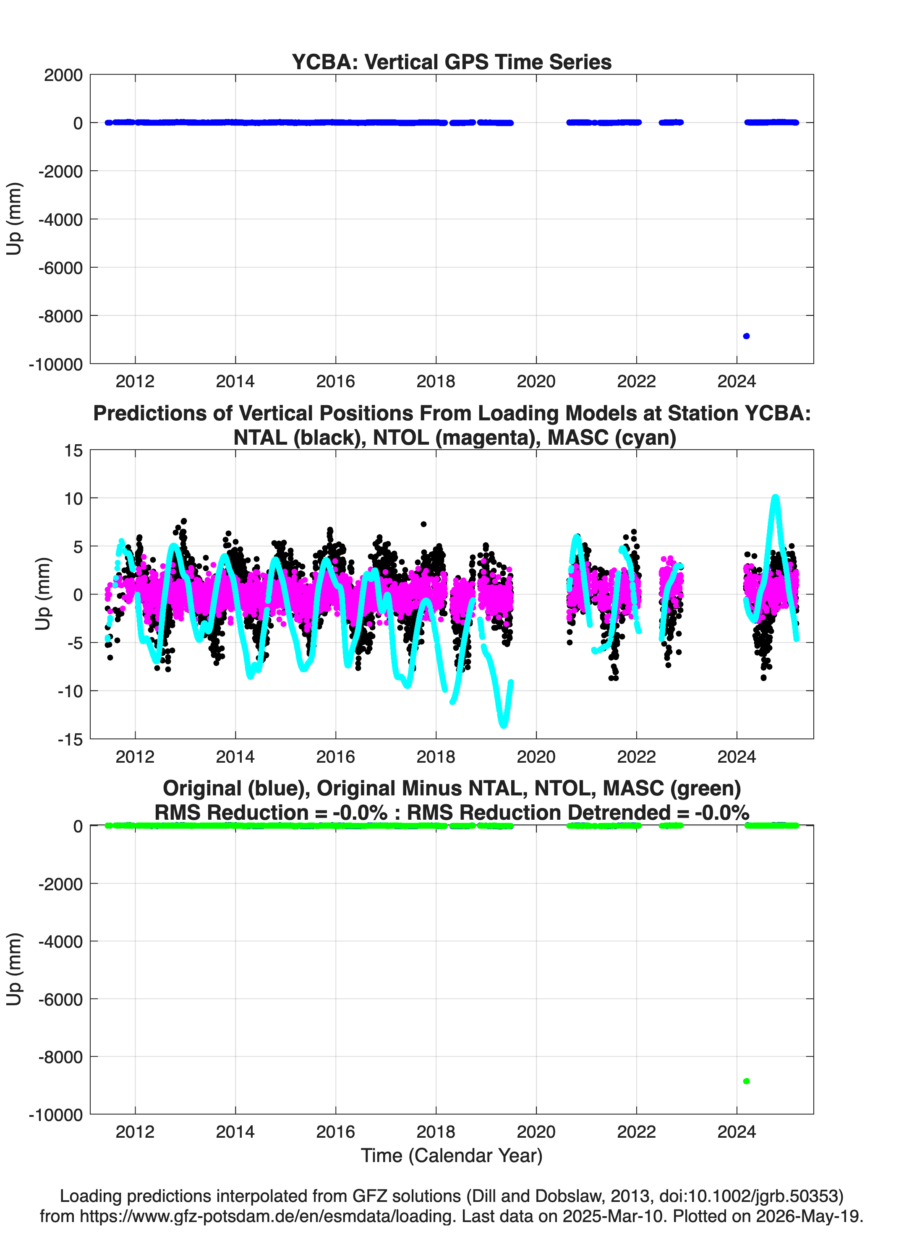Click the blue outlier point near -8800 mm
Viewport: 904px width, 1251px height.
(746, 336)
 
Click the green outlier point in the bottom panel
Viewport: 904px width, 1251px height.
(746, 1081)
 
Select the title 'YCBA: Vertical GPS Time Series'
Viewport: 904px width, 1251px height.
(452, 62)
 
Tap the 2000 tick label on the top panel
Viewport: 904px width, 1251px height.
(63, 75)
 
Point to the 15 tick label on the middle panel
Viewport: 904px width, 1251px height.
(73, 451)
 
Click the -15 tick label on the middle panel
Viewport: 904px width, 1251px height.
(70, 739)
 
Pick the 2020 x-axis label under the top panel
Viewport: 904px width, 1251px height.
(536, 381)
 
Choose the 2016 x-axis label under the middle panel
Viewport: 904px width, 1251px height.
(336, 756)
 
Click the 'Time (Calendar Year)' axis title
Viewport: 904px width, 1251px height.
(452, 1156)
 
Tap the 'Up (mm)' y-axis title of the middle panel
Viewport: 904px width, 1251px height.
(43, 594)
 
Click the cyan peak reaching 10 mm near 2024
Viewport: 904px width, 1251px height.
(776, 498)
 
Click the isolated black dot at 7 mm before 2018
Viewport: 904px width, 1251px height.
(423, 524)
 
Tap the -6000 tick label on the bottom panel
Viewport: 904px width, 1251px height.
(60, 999)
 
